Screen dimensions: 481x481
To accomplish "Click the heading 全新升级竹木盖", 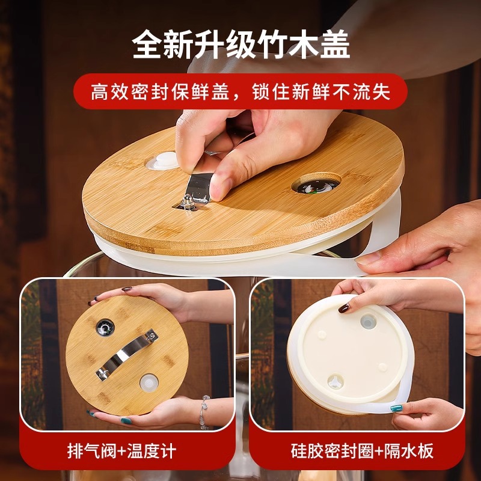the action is coord(241,44).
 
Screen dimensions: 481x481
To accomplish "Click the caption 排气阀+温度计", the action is coord(122,451).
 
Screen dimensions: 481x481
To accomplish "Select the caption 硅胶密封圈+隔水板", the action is coord(363,451).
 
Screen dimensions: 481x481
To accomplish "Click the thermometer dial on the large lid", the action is coord(316,186).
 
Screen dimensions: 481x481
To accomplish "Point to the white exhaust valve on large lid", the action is coord(162,161).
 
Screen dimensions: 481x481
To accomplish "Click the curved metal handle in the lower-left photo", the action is coord(127,355).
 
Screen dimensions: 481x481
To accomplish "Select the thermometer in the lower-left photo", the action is coord(105,328).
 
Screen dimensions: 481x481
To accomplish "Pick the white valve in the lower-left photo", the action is coord(149,383).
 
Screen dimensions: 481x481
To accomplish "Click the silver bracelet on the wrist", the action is coord(203,412).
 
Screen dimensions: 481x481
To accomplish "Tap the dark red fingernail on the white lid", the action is coord(344,308).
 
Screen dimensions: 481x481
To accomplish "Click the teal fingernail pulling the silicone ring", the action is coord(396,408).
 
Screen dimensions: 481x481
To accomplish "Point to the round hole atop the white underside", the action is coord(368,322).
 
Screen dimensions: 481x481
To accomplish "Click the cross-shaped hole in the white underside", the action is coord(335,382).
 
